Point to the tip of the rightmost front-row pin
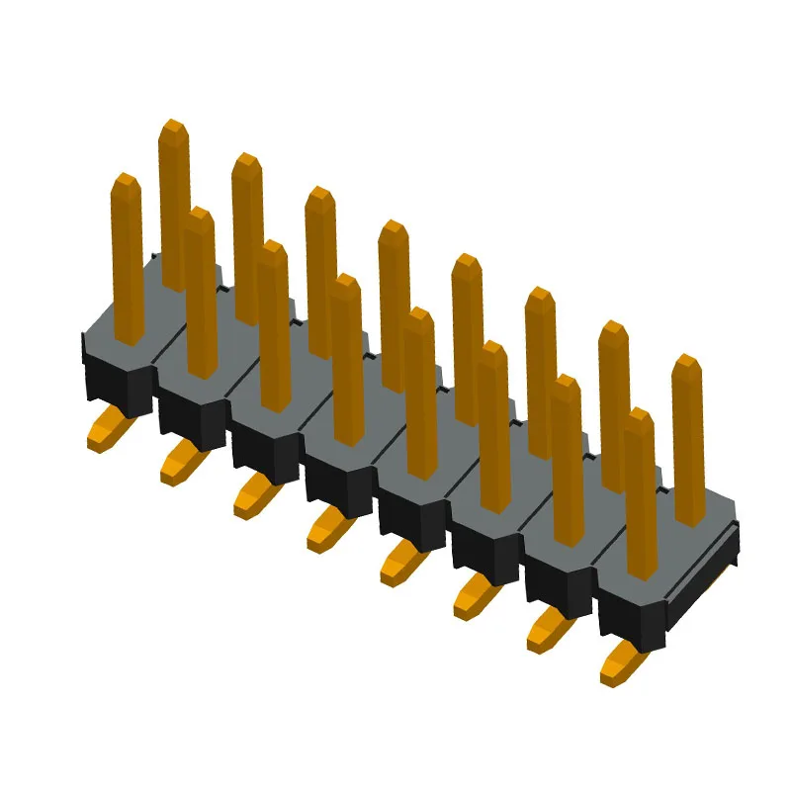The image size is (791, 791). tap(639, 414)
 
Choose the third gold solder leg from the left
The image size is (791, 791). tap(253, 497)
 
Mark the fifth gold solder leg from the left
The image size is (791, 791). tap(399, 565)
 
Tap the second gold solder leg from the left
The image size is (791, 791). tap(180, 465)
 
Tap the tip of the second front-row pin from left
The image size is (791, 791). tap(199, 214)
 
